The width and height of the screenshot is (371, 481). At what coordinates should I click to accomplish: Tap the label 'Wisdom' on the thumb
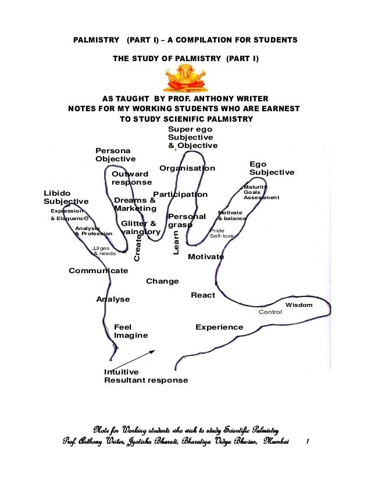click(x=299, y=305)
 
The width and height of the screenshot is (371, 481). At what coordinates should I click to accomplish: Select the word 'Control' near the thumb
click(x=270, y=312)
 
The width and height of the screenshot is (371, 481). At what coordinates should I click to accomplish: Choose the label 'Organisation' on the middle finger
click(x=187, y=168)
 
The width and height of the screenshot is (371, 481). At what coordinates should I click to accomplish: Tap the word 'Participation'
click(x=180, y=194)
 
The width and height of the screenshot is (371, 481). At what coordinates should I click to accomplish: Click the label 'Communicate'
click(x=98, y=271)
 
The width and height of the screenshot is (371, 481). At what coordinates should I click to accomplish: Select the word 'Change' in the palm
click(x=162, y=281)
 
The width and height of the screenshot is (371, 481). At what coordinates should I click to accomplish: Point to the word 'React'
click(x=203, y=295)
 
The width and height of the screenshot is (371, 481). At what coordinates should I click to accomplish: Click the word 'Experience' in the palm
click(x=219, y=327)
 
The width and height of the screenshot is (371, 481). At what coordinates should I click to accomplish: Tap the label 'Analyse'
click(x=113, y=299)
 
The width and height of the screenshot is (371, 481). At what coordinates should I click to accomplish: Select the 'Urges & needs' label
click(x=104, y=251)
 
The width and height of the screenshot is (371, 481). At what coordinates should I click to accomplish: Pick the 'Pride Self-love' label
click(x=222, y=234)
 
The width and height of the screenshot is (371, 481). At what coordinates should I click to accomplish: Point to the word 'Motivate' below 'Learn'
click(x=206, y=257)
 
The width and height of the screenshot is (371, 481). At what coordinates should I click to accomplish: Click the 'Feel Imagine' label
click(x=130, y=331)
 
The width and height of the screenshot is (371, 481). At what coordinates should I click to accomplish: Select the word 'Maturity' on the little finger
click(x=255, y=187)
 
